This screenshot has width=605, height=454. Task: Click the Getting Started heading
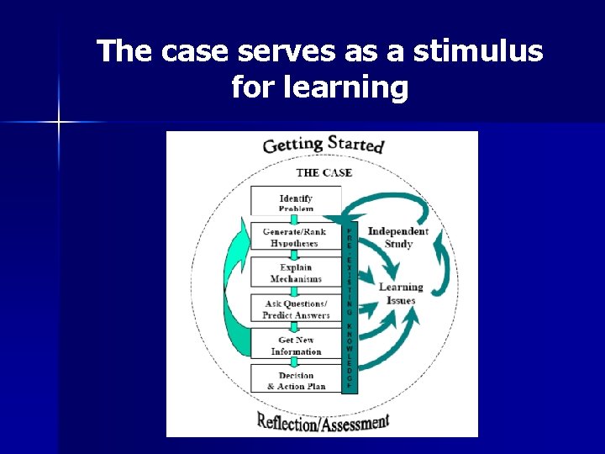(324, 144)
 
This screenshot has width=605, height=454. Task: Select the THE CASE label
(324, 172)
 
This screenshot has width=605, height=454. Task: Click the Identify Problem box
(296, 203)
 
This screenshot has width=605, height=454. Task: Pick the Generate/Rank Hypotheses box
(296, 237)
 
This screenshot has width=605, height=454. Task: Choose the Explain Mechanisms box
(296, 272)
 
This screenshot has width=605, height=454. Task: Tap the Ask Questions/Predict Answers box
(296, 309)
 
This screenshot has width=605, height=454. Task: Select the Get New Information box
(296, 346)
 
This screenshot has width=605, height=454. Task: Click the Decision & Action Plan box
(296, 380)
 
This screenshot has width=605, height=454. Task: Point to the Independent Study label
(398, 237)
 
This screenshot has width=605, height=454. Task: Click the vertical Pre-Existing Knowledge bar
(350, 307)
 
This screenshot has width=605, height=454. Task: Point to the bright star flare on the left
(59, 123)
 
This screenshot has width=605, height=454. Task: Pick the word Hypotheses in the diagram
(294, 244)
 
